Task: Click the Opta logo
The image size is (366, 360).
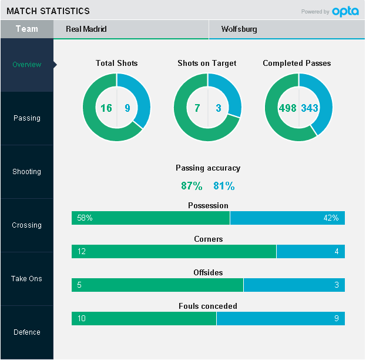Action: pyautogui.click(x=345, y=11)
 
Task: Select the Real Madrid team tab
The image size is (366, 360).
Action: pyautogui.click(x=130, y=29)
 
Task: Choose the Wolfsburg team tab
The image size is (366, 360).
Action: pyautogui.click(x=287, y=29)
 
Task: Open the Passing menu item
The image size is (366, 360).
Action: pyautogui.click(x=27, y=118)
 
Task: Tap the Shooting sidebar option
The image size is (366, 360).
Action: pyautogui.click(x=27, y=172)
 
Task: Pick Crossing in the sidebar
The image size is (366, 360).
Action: pyautogui.click(x=27, y=225)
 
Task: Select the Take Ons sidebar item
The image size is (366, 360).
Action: pyautogui.click(x=27, y=279)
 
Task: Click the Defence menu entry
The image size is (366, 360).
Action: pyautogui.click(x=27, y=332)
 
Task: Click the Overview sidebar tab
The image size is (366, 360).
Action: pyautogui.click(x=27, y=65)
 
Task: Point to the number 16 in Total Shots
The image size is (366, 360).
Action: pyautogui.click(x=106, y=108)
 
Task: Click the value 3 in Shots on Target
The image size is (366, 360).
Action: pyautogui.click(x=219, y=108)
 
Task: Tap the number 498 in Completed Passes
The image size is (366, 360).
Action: pyautogui.click(x=288, y=108)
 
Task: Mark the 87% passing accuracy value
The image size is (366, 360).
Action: pyautogui.click(x=192, y=186)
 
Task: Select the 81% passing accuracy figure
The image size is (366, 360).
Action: pyautogui.click(x=224, y=186)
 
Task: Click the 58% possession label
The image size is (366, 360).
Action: pyautogui.click(x=85, y=218)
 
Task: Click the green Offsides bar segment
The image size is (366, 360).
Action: pyautogui.click(x=157, y=285)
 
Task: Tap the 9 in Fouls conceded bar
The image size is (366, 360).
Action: pyautogui.click(x=336, y=319)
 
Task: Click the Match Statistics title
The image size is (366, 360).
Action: pyautogui.click(x=48, y=11)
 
